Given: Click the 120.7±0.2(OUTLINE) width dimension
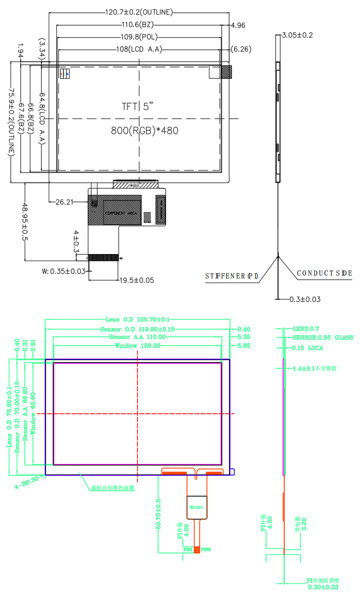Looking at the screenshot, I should coord(139,12).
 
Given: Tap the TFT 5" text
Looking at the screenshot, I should coord(137,107).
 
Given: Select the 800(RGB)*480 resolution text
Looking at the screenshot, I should coord(144,130).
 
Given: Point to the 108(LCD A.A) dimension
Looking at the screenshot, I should coord(139,49).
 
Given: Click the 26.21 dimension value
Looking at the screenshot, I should coord(64,202).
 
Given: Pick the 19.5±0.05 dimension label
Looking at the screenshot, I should coord(136,280).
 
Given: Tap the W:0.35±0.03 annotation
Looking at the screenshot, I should coord(64,271).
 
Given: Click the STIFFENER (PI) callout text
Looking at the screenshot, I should coord(231,276).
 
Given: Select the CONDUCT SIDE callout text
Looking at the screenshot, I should coord(324,273).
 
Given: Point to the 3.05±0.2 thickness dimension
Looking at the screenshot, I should coord(297,35).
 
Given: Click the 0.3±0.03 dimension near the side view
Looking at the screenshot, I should coord(305,299).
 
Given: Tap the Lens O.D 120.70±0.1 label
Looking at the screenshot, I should coord(138,320).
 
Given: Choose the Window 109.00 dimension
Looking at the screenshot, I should coord(138,346).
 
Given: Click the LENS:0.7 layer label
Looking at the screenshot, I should coord(306,329).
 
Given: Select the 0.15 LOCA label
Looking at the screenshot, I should coord(307,348).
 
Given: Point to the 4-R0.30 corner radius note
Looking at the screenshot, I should coord(27,482).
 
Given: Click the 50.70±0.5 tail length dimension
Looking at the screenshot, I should coord(158,514).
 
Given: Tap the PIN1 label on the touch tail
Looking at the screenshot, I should coord(188,549).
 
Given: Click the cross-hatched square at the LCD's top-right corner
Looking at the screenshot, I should coord(226,72).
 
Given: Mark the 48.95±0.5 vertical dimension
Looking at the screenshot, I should coord(25,222).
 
